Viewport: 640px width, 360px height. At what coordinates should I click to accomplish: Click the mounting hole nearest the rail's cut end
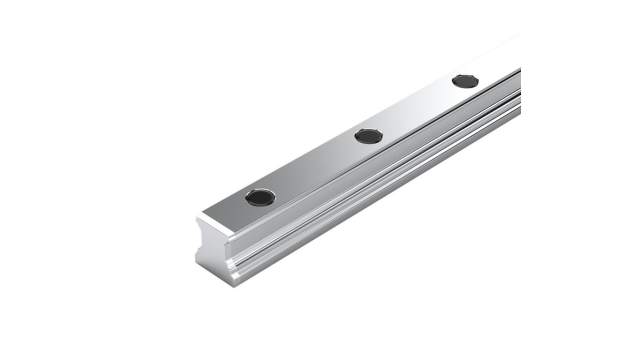point(261,196)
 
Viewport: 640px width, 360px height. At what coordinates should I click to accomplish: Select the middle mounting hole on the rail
point(369,135)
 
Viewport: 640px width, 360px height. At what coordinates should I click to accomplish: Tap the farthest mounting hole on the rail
point(465,81)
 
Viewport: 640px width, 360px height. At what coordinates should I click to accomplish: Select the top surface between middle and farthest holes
point(417,108)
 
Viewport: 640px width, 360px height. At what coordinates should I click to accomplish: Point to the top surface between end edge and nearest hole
point(232,213)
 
